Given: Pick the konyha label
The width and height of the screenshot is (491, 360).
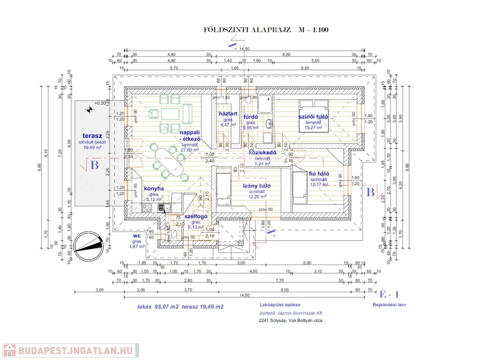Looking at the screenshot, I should click(x=154, y=188).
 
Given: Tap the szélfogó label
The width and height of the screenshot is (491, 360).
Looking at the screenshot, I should click(x=196, y=217).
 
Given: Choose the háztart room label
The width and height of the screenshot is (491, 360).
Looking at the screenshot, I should click(x=228, y=114).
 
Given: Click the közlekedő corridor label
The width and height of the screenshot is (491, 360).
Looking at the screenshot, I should click(x=263, y=153).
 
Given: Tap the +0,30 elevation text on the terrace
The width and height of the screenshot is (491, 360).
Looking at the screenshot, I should click(x=99, y=103).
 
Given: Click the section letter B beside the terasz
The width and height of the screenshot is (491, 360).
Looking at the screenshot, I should click(x=94, y=165).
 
